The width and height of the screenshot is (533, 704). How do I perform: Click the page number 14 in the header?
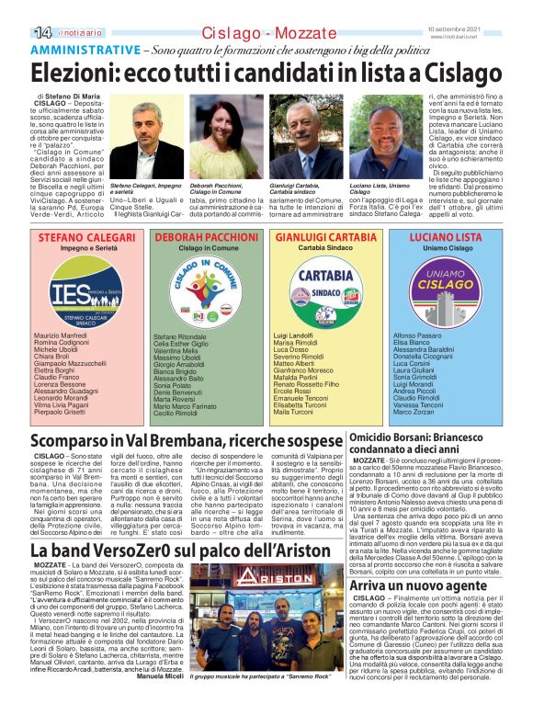17,7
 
